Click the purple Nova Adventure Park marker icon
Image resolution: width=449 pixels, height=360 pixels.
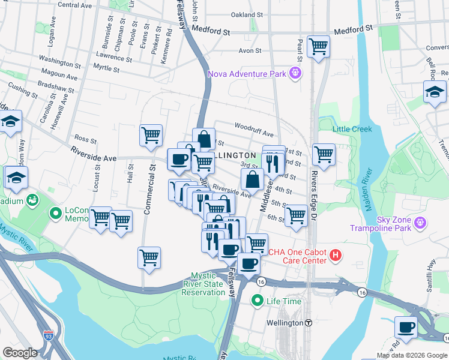pos(295,74)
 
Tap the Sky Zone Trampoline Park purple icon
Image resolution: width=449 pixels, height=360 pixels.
pos(421,223)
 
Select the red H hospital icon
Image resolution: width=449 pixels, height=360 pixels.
pos(336,256)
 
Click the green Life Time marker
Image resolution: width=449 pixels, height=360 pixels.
pos(258,301)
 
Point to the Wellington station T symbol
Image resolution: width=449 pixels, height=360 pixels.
pos(308,323)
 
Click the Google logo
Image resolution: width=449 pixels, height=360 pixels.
pos(20,352)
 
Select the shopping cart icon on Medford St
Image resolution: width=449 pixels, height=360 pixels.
pos(318,46)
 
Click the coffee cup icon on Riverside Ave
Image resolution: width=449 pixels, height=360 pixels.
pos(179,160)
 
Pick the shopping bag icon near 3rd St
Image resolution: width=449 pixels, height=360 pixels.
pos(253,178)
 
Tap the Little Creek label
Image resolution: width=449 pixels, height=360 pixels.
pos(352,129)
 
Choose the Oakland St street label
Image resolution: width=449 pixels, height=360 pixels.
pos(247,14)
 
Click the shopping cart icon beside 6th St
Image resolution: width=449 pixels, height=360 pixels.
pos(296,215)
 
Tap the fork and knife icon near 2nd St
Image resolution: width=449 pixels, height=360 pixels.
pos(274,162)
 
